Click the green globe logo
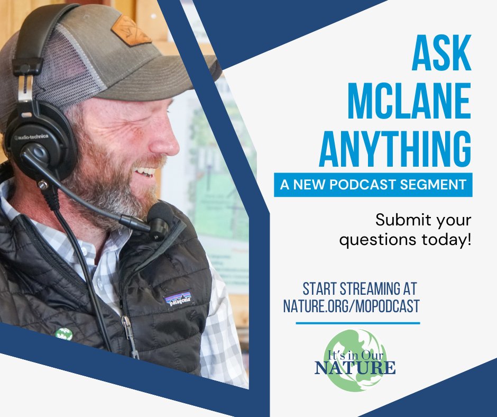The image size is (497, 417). (x=355, y=359)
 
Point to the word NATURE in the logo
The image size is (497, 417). (x=355, y=367)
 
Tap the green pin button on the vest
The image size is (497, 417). (x=63, y=334)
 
